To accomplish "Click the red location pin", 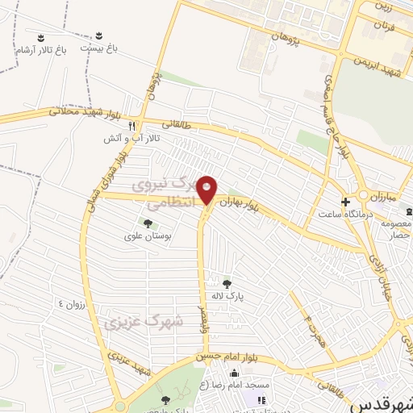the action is [207, 190].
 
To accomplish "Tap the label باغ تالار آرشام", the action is [40, 49].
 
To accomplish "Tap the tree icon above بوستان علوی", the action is [147, 223].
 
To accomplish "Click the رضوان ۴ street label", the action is [72, 304].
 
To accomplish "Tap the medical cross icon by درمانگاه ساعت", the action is [345, 201].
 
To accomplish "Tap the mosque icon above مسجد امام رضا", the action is [234, 373].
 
